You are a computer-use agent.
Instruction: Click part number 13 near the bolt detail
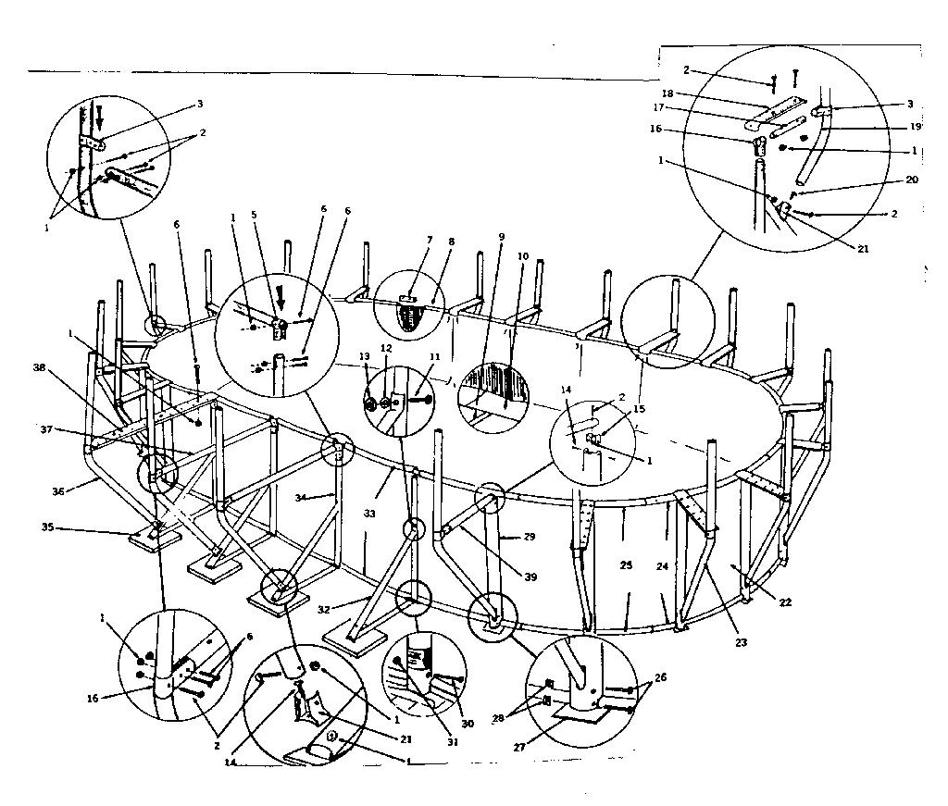pyautogui.click(x=365, y=356)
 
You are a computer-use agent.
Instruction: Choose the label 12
pyautogui.click(x=387, y=349)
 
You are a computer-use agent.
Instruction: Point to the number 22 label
pyautogui.click(x=786, y=601)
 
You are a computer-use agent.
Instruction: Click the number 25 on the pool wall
pyautogui.click(x=625, y=564)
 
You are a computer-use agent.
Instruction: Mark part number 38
pyautogui.click(x=39, y=366)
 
